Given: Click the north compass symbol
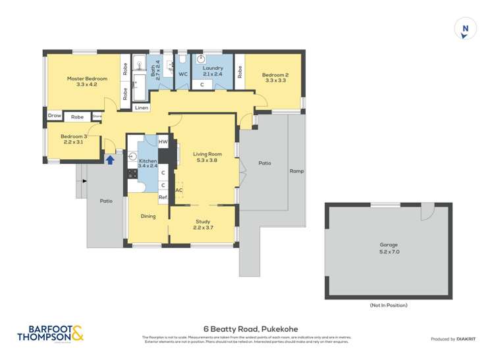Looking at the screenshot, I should pyautogui.click(x=466, y=29).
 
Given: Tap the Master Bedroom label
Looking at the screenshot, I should pyautogui.click(x=86, y=82).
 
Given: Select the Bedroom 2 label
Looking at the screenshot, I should pyautogui.click(x=275, y=78).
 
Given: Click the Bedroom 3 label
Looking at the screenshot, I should pyautogui.click(x=73, y=139).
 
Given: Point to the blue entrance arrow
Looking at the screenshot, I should pyautogui.click(x=110, y=159).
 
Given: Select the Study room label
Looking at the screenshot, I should pyautogui.click(x=203, y=224).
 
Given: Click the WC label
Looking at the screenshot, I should pyautogui.click(x=183, y=74).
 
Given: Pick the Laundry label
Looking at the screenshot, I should pyautogui.click(x=213, y=71).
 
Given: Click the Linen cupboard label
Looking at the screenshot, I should pyautogui.click(x=142, y=107).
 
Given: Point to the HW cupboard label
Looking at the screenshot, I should pyautogui.click(x=163, y=141).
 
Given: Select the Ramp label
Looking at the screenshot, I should pyautogui.click(x=296, y=171).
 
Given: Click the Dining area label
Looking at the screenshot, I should pyautogui.click(x=148, y=216).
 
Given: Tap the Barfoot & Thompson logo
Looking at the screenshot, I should pyautogui.click(x=50, y=333).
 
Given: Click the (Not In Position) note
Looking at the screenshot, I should pyautogui.click(x=388, y=305).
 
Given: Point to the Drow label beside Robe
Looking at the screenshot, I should pyautogui.click(x=54, y=116).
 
